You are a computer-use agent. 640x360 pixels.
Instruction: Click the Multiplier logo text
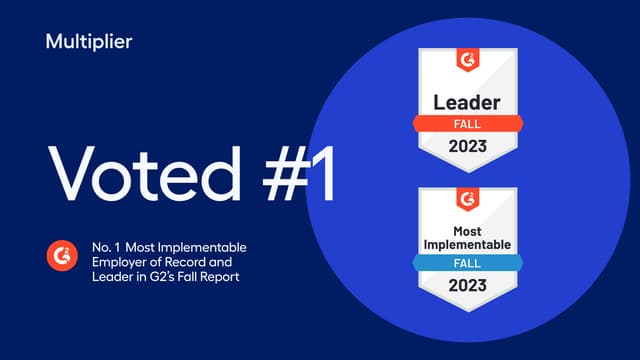(x=89, y=41)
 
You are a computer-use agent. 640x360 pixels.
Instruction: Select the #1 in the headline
(x=290, y=175)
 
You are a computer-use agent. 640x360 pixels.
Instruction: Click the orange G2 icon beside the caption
(x=61, y=257)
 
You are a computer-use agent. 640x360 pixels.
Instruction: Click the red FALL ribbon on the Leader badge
(x=467, y=124)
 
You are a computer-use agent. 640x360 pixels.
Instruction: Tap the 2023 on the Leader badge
(x=467, y=146)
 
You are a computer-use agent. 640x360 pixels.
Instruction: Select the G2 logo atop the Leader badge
(x=467, y=59)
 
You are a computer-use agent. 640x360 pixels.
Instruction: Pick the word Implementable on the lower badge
(x=467, y=244)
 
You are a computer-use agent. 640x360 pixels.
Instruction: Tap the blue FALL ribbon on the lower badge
(x=467, y=263)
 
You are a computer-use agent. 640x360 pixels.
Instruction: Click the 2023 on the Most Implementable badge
(x=467, y=285)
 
